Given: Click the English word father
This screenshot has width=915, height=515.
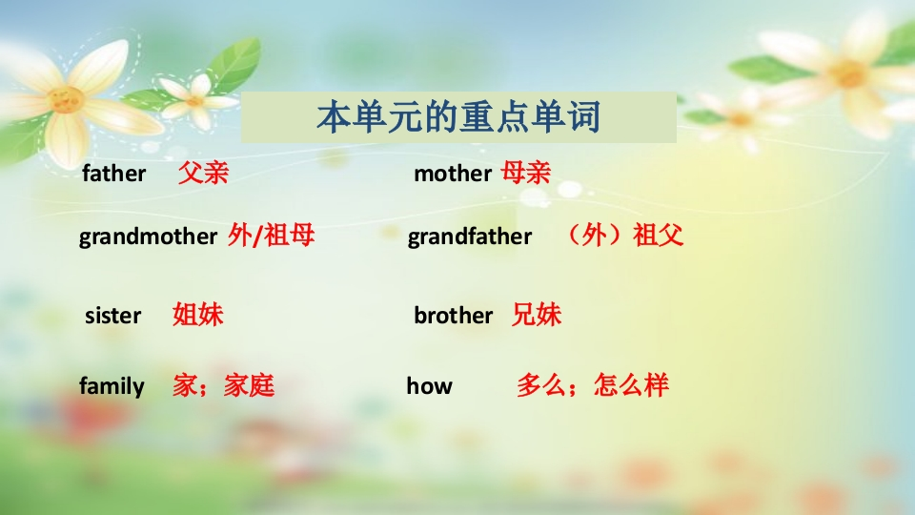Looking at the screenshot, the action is coord(113,174).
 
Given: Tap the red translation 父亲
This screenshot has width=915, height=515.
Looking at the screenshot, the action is coord(203,173).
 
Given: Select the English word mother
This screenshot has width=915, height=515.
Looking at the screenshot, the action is coord(453,174).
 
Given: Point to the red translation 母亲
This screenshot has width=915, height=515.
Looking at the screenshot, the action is coord(526,173).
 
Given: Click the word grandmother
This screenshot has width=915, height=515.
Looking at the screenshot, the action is coord(149,237).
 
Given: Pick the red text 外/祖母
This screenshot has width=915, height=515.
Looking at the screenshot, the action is coord(272,236).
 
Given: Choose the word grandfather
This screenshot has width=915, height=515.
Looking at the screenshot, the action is coord(470,237).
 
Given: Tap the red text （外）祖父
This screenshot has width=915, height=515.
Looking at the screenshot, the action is coord(624,236).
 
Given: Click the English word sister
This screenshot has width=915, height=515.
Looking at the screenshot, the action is coord(112,316).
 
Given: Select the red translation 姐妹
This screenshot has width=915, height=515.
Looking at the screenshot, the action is coord(198,315).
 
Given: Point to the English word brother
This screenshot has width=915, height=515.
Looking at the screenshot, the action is coord(454,316).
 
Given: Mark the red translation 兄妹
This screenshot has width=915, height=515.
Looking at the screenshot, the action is coord(537,315).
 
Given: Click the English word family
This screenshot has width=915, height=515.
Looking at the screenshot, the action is coord(112,387).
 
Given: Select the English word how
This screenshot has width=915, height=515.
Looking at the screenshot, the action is coord(430,386).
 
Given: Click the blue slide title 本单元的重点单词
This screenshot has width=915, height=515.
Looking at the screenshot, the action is coord(458,116).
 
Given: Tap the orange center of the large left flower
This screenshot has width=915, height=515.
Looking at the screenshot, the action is coord(66,100).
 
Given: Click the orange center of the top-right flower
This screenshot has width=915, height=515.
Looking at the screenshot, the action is coord(848,73).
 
